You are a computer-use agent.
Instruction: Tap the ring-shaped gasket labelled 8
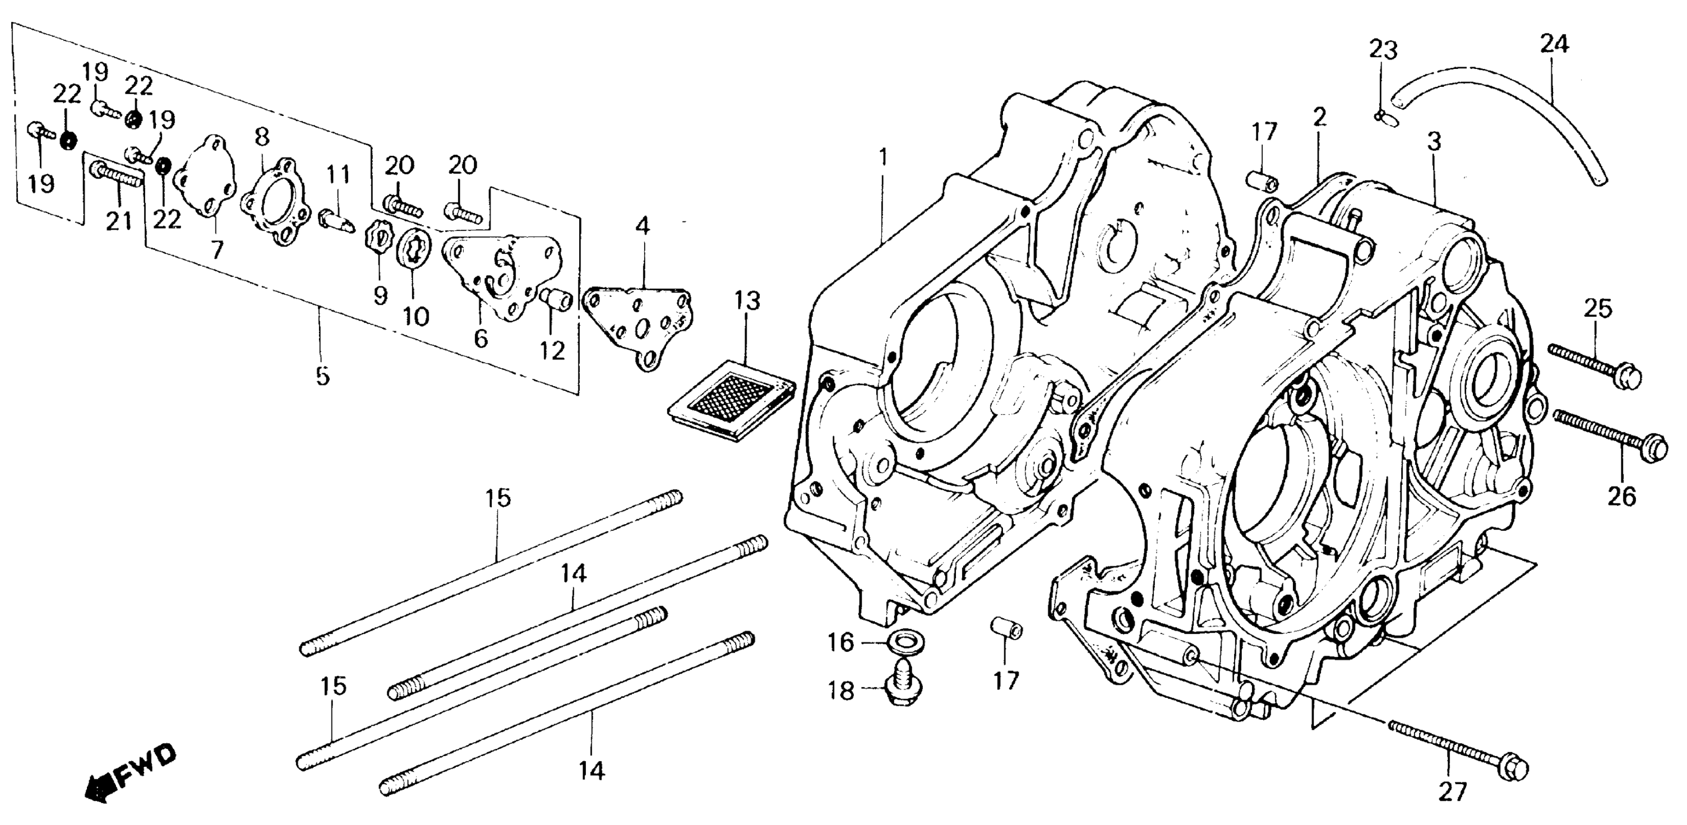tap(268, 201)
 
